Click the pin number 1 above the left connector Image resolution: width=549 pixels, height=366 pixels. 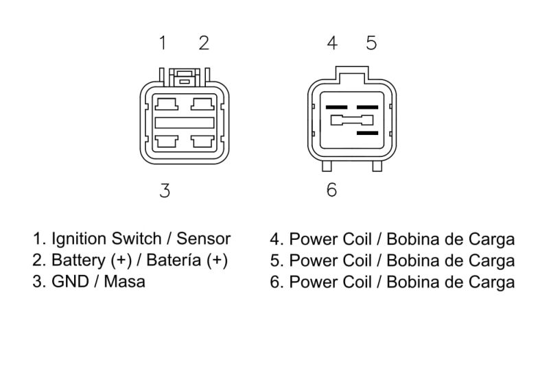[x=163, y=43]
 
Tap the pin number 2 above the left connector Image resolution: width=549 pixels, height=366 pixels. [x=204, y=43]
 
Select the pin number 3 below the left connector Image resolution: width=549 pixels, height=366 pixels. [x=165, y=191]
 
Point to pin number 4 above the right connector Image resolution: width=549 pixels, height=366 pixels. [x=332, y=43]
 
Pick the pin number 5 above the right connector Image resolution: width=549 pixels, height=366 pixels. [x=371, y=43]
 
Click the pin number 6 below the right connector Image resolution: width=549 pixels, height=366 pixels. [x=331, y=190]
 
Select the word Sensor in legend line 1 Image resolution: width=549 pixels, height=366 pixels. [x=203, y=239]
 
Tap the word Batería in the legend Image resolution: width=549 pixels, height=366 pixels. [x=174, y=260]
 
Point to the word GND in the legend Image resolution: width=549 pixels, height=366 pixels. [x=70, y=282]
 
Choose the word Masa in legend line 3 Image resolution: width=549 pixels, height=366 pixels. [x=124, y=282]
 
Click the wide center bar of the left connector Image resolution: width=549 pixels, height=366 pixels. [x=185, y=123]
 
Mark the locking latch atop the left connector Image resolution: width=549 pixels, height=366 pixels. [x=185, y=77]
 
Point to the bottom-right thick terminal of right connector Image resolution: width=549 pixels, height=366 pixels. [x=367, y=133]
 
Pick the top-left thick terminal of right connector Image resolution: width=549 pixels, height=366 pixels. [x=336, y=108]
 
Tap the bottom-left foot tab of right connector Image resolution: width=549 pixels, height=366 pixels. [x=327, y=166]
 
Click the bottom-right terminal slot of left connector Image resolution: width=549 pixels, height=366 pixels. [x=202, y=142]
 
